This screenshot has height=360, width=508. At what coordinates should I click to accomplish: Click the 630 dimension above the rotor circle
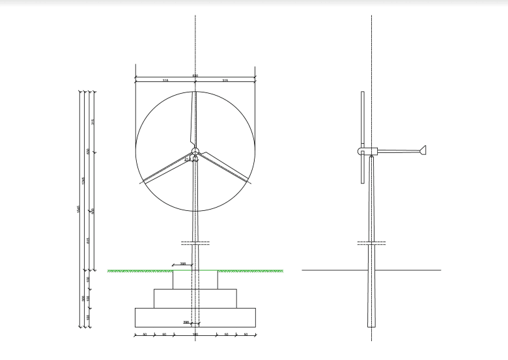click(x=195, y=76)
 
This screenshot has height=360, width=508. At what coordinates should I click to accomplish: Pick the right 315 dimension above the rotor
click(x=225, y=81)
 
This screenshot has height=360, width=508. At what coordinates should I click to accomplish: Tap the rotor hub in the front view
click(x=195, y=150)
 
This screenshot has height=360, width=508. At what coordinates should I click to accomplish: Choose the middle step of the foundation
click(x=195, y=298)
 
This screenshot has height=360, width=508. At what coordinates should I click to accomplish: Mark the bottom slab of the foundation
click(x=195, y=317)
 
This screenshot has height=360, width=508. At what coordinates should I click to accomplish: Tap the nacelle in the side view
click(x=368, y=151)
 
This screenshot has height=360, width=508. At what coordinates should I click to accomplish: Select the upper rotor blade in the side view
click(x=361, y=117)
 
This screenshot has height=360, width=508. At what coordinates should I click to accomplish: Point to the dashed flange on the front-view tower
click(x=195, y=243)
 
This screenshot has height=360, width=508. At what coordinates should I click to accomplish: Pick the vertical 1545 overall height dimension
click(x=78, y=208)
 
